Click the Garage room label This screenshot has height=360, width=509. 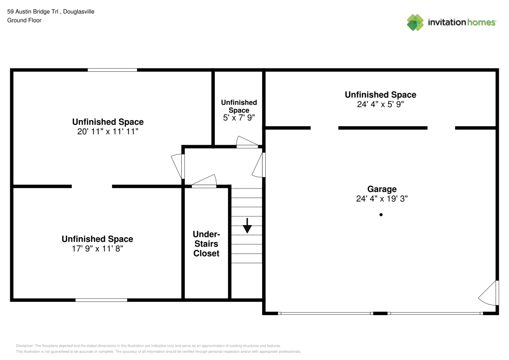382,189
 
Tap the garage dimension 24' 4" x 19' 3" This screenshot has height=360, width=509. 382,199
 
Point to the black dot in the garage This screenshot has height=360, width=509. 381,214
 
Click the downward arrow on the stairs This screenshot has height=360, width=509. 247,226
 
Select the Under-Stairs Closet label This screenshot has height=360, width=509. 207,244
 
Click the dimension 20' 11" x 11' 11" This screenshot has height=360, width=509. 108,131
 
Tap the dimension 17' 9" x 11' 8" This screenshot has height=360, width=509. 97,248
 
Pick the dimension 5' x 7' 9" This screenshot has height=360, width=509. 239,118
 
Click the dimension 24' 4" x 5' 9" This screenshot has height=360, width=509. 380,104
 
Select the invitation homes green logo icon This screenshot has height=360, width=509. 415,22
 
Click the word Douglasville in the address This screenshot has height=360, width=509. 78,12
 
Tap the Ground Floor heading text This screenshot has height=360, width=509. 24,20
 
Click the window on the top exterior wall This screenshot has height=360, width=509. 112,70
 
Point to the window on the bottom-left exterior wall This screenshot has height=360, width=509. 101,300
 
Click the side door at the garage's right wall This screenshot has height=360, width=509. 489,293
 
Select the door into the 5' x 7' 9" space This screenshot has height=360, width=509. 247,142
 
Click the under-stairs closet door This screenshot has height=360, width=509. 204,181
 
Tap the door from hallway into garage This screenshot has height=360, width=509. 259,165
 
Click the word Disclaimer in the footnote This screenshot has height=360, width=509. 24,346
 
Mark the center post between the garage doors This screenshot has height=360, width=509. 380,313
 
